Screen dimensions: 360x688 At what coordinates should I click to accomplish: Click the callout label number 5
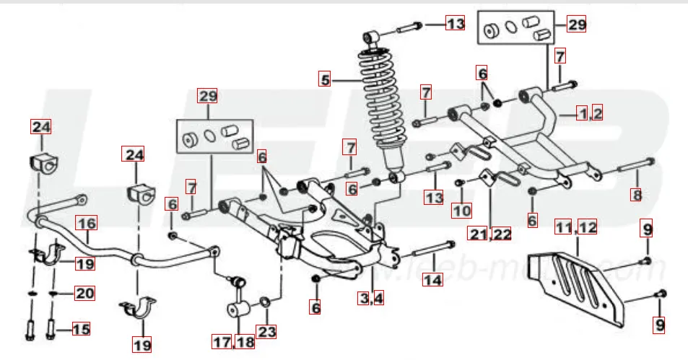coord(326,79)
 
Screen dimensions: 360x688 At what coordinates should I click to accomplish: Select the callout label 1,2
coord(589,113)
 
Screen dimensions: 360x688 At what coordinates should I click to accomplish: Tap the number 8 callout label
coord(635,194)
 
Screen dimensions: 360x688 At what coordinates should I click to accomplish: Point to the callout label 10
coord(462,211)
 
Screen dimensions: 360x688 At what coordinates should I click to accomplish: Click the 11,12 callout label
coord(576,228)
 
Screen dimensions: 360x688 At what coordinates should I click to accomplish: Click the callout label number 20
coord(86,294)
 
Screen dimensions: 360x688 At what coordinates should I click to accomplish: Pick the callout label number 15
coord(81,330)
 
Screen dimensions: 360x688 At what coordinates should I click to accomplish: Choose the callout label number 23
coord(266,333)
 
